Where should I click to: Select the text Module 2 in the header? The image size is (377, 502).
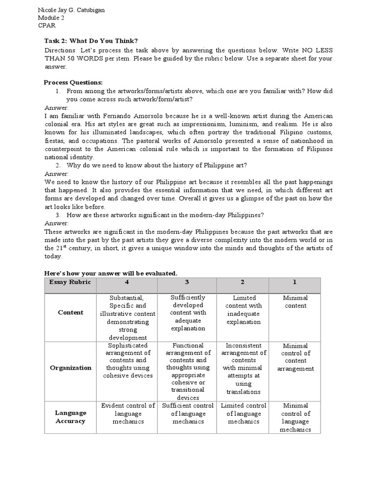51,18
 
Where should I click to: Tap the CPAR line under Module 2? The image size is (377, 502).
46,26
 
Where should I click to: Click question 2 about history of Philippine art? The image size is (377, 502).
157,165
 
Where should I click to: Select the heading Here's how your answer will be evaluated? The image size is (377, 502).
110,273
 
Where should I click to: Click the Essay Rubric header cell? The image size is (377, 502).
70,282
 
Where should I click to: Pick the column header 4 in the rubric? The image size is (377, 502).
128,282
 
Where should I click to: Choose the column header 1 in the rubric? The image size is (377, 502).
295,282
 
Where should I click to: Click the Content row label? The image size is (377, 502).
70,313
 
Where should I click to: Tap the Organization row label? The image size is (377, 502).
70,368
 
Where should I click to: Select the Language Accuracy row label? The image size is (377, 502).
70,417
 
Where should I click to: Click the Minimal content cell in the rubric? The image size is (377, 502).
295,302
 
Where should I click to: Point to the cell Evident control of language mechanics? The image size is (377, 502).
128,413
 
